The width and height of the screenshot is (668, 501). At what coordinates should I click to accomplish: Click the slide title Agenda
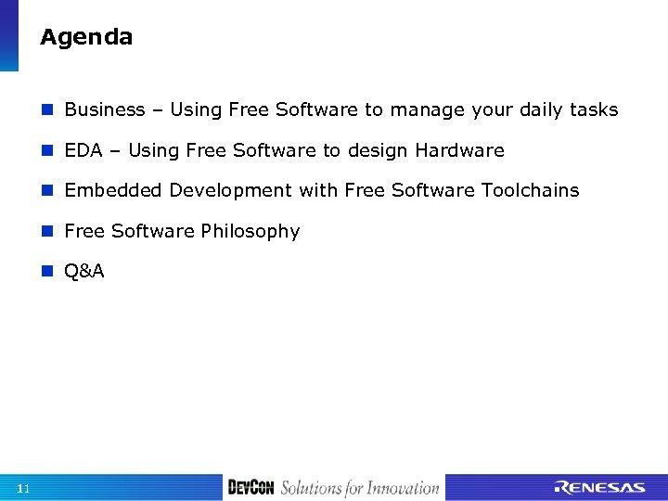click(86, 38)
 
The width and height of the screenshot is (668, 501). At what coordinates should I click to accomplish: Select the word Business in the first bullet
click(105, 110)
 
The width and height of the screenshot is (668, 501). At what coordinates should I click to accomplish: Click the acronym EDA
click(83, 150)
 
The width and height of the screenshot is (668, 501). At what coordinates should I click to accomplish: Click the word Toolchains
click(530, 191)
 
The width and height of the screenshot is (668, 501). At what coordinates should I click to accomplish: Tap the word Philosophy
click(253, 232)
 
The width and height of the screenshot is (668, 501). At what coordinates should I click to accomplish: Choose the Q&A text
click(84, 272)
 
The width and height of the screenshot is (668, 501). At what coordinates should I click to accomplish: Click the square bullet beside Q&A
click(48, 272)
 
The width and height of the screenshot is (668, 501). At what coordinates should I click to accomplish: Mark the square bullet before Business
click(48, 110)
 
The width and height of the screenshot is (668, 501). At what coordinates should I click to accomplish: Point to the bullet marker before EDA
click(48, 150)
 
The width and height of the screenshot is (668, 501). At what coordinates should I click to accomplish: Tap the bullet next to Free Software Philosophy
click(48, 232)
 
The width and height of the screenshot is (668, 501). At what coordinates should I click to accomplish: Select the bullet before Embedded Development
click(48, 191)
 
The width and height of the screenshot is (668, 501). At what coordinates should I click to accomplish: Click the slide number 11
click(23, 488)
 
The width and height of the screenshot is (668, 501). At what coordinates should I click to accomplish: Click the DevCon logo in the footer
click(250, 487)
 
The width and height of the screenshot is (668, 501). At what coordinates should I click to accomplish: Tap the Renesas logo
click(599, 488)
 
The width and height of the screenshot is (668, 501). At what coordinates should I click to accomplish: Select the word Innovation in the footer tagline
click(402, 488)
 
